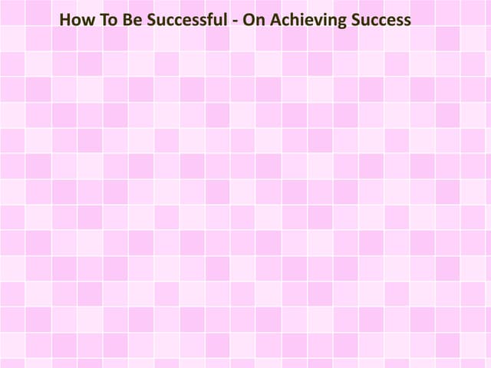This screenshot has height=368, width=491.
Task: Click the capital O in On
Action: click(247, 19)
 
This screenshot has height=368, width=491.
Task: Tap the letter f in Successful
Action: click(207, 19)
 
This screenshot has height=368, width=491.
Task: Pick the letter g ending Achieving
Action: click(333, 21)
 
